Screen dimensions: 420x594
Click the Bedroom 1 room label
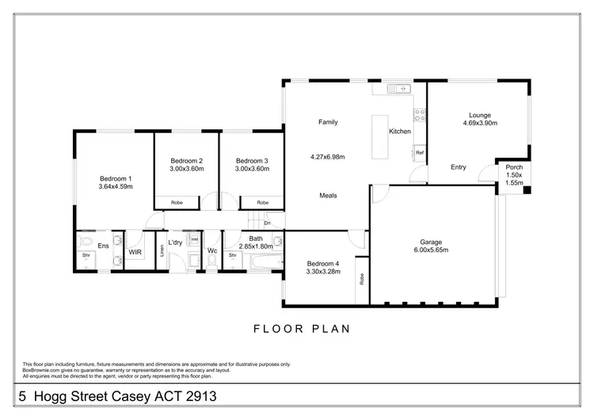point(116,178)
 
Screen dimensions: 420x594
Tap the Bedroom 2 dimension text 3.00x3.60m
point(187,168)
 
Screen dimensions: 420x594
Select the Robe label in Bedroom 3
point(262,203)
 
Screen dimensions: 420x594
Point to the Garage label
point(431,242)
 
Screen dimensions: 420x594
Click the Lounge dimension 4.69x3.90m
point(480,123)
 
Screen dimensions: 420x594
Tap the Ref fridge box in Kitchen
point(420,152)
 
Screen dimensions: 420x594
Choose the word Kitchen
point(400,131)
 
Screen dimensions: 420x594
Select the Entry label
point(459,167)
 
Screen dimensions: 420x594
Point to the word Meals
point(329,195)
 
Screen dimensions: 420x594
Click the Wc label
point(212,251)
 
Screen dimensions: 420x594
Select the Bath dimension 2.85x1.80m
point(255,246)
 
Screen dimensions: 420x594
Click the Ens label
point(103,246)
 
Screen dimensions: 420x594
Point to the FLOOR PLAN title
point(302,327)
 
